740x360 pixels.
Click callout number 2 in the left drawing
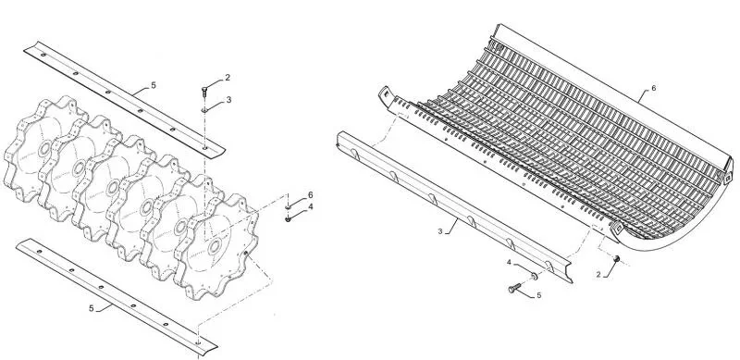coord(228,78)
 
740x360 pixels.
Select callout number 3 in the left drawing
coord(228,100)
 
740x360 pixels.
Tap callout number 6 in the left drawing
coord(310,194)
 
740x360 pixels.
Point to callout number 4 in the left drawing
coord(310,206)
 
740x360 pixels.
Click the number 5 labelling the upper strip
coord(154,85)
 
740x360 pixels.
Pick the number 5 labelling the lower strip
coord(91,308)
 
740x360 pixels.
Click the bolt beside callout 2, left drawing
coord(204,92)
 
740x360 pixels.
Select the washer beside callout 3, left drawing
coord(204,110)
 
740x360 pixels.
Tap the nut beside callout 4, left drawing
coord(288,218)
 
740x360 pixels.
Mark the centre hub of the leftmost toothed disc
coord(45,149)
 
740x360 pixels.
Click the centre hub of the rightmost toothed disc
coord(215,246)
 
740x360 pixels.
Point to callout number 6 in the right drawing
coord(654,88)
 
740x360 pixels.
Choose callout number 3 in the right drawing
coord(440,231)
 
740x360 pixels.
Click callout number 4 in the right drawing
coord(509,262)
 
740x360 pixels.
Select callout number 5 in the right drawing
coord(539,295)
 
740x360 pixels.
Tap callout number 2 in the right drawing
coord(598,275)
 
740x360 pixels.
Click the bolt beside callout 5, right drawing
coord(514,288)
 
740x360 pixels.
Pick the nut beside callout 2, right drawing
coord(616,258)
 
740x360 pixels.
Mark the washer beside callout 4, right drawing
coord(534,276)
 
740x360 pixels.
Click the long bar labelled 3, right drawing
coord(453,208)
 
